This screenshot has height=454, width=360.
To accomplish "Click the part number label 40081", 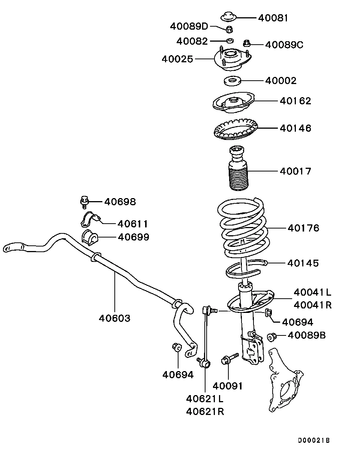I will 273,18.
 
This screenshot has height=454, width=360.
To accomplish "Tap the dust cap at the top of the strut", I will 228,17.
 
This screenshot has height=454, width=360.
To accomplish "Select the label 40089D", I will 189,26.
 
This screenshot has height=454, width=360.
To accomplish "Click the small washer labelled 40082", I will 229,40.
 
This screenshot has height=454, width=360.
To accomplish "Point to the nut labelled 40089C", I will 247,43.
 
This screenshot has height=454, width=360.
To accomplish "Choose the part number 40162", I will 295,101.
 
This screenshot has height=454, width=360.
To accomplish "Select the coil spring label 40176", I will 304,228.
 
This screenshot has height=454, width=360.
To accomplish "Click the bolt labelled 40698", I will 85,201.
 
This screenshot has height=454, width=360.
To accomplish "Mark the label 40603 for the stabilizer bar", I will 115,318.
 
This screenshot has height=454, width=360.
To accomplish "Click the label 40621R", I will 205,412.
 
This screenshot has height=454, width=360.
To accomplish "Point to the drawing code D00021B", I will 314,440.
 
